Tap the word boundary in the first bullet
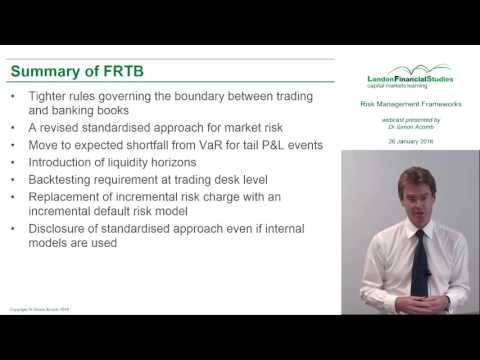207,96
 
